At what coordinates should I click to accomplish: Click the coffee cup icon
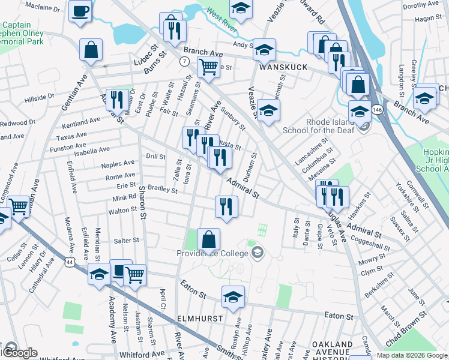click(x=80, y=11)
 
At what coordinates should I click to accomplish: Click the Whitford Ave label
click(x=142, y=355)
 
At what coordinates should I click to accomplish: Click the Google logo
click(x=19, y=353)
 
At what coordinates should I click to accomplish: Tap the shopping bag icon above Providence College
click(x=208, y=239)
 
